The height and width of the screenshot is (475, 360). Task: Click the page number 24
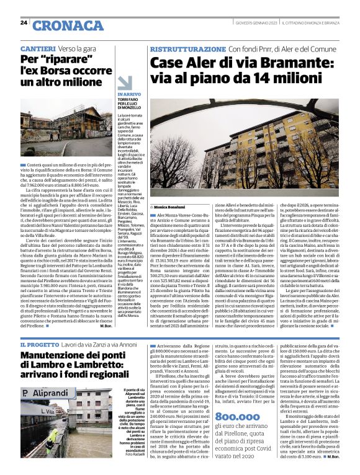24,22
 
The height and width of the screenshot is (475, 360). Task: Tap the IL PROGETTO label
40,344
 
